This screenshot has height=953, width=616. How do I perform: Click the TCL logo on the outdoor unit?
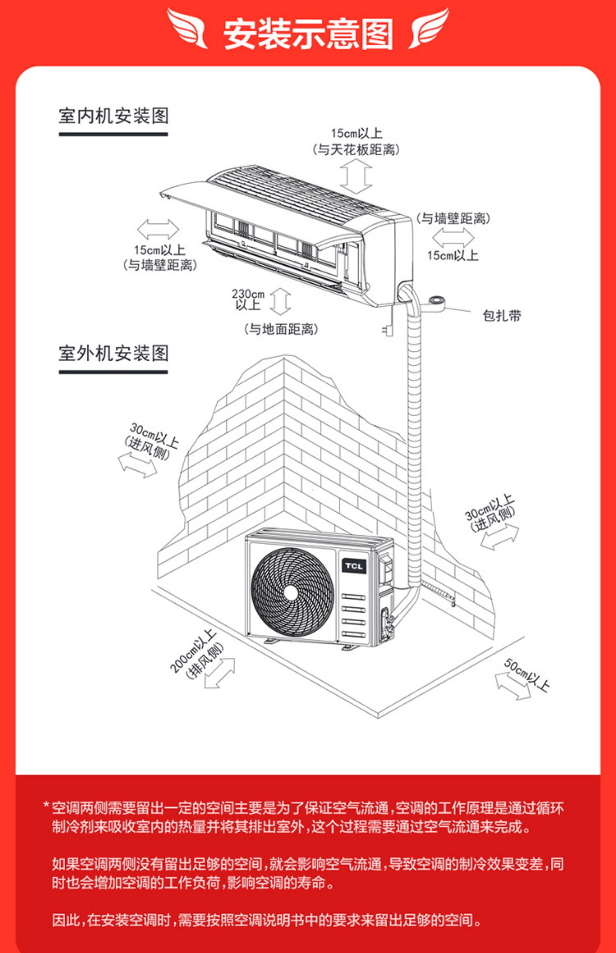pyautogui.click(x=354, y=566)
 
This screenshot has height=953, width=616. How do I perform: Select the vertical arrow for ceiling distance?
pyautogui.click(x=356, y=176)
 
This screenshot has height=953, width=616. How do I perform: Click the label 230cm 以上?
pyautogui.click(x=248, y=300)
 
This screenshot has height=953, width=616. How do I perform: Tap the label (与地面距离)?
pyautogui.click(x=281, y=329)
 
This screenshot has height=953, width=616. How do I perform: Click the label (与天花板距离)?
pyautogui.click(x=356, y=150)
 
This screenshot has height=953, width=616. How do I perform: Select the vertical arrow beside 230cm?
pyautogui.click(x=280, y=301)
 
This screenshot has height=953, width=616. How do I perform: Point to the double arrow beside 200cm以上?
pyautogui.click(x=219, y=673)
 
